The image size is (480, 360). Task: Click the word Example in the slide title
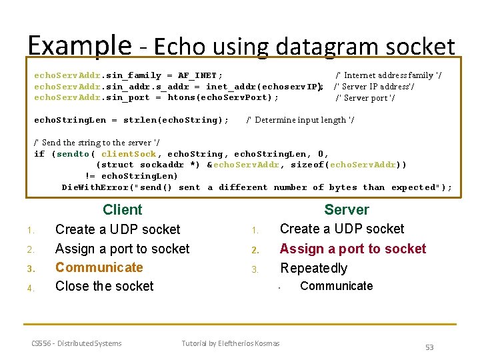[79, 46]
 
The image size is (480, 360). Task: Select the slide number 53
[429, 347]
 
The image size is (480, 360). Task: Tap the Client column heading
[122, 209]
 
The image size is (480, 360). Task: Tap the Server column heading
[346, 209]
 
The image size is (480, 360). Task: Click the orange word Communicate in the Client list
[99, 267]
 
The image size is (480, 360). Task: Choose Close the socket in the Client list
[104, 286]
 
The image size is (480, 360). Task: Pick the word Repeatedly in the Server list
[313, 268]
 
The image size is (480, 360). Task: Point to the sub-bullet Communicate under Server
[336, 286]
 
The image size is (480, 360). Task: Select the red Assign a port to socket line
[353, 249]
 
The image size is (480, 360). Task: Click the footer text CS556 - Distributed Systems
[77, 343]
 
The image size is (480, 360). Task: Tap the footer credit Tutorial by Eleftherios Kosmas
[231, 343]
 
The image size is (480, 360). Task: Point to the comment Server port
[365, 98]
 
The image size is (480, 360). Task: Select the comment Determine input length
[300, 120]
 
